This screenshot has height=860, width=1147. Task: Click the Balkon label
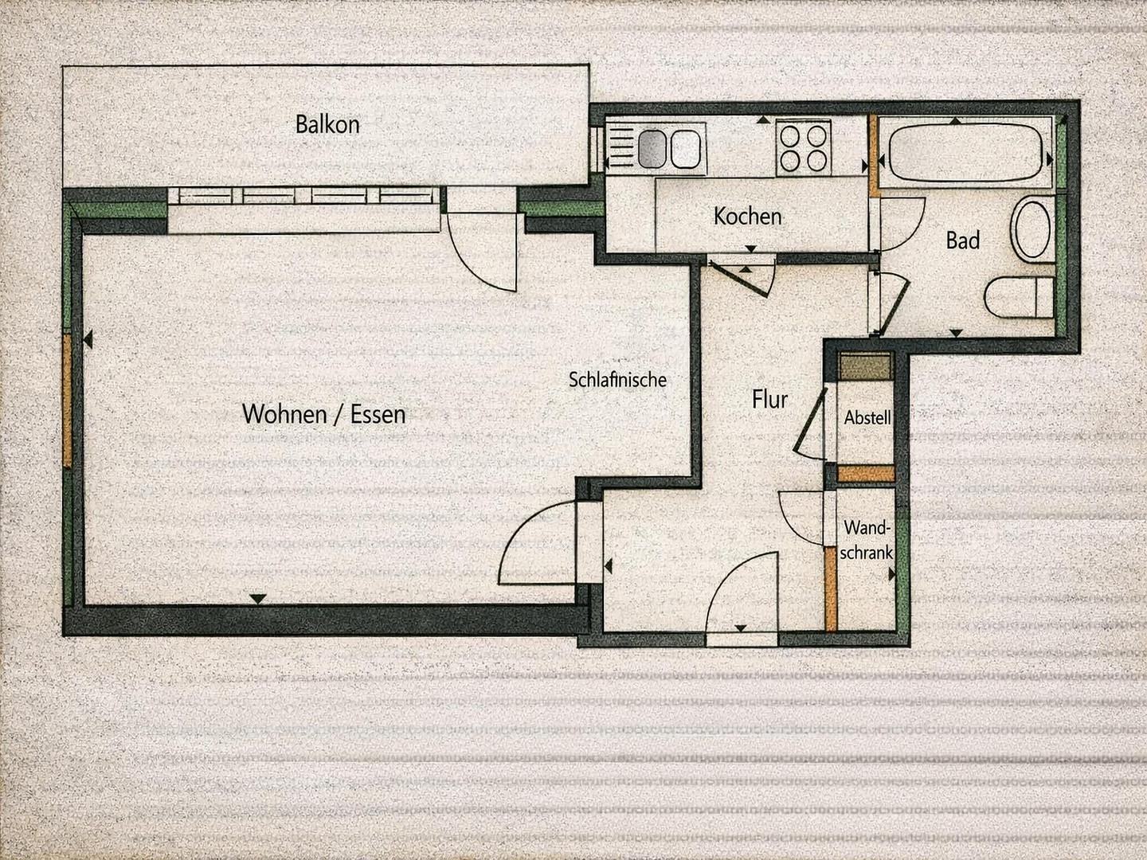pos(327,125)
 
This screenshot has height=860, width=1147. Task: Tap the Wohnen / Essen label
pos(324,414)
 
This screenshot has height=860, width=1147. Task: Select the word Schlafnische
pos(617,380)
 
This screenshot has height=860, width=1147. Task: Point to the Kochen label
pos(748,216)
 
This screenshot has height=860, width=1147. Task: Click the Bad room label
pos(962,240)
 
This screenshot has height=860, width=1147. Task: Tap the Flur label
pos(769,399)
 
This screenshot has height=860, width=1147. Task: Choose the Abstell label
pos(867,418)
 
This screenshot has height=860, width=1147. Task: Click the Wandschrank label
pos(867,540)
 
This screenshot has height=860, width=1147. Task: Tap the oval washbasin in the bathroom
pos(1031,229)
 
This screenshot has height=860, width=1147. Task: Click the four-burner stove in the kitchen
pos(803,148)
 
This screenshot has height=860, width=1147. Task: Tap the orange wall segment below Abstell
pos(866,473)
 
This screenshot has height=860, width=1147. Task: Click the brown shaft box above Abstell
pos(865,366)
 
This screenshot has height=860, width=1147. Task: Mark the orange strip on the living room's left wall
pos(68,401)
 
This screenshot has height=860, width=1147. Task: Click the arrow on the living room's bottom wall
pos(258,599)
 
